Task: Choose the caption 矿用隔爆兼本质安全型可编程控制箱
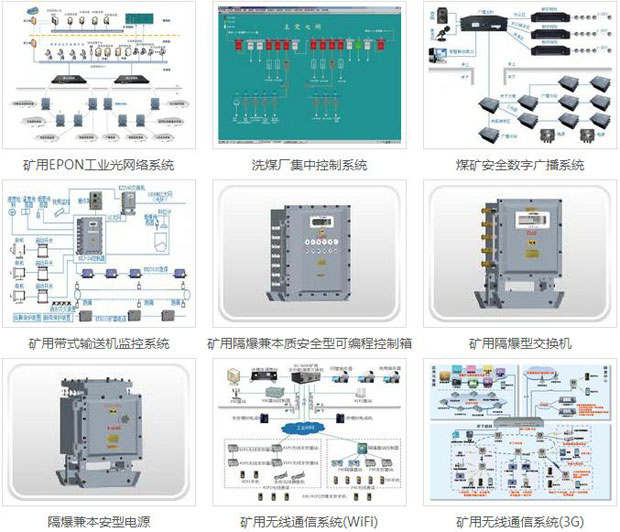tap(310, 344)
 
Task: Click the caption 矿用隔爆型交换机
tap(519, 344)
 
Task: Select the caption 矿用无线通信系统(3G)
tap(519, 521)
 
